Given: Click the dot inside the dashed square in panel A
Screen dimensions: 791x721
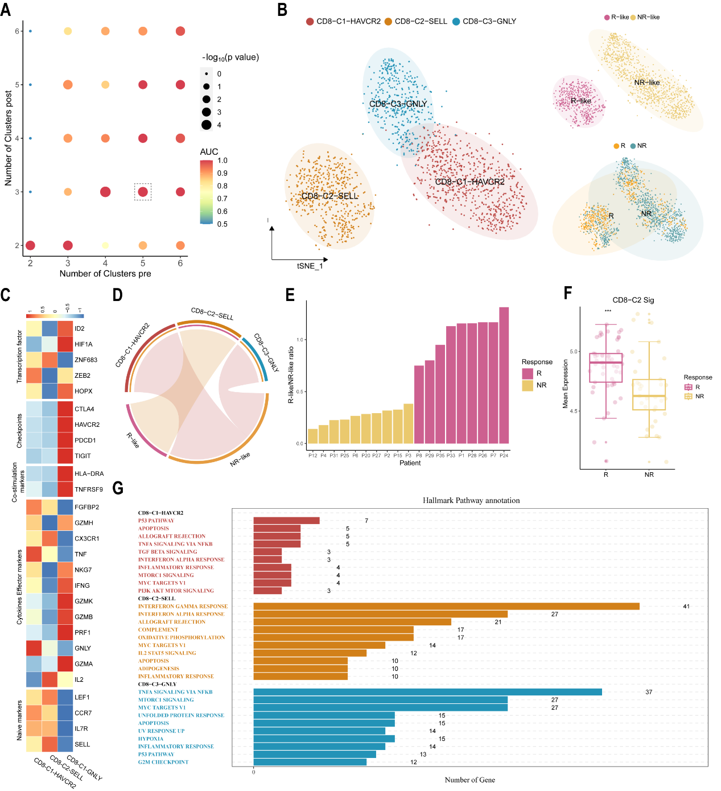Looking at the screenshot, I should pos(143,192).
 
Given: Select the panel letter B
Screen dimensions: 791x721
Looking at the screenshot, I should pos(282,10).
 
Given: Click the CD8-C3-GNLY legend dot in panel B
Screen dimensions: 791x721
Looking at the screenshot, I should pos(456,22).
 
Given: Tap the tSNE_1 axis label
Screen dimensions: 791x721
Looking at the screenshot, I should pos(310,266).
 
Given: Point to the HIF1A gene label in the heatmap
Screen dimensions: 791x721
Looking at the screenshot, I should pos(83,344).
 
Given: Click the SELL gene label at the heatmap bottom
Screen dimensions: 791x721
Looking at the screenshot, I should pos(82,744).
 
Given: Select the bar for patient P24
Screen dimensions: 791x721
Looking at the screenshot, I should pos(504,375).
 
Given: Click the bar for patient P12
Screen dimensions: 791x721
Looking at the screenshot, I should pos(312,436).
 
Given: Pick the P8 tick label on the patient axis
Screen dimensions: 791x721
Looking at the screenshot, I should pos(419,455).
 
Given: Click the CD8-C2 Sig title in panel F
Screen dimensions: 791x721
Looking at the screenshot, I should pos(633,300).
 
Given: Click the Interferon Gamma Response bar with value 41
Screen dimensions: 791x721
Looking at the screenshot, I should pos(446,607).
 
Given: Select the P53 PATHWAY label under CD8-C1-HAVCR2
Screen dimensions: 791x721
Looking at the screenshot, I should pos(156,521).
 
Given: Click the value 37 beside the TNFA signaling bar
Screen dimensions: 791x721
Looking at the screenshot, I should pos(649,692).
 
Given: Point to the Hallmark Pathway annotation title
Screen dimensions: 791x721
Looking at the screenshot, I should pos(471,501).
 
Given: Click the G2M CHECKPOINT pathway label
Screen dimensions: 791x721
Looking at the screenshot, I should pos(163,762).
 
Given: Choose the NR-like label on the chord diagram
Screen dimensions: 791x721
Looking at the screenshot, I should pos(240,459).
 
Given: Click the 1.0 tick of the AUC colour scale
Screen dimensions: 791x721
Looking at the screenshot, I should pos(222,160).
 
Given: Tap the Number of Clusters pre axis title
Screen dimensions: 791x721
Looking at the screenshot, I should pos(105,274).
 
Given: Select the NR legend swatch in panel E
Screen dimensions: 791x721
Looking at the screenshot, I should pos(528,385).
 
